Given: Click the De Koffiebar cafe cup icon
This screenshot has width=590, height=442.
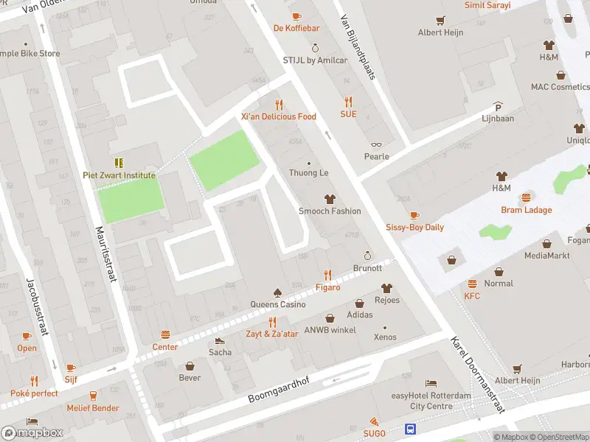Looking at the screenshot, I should point(296,16).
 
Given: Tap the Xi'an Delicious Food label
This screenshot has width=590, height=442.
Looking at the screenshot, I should point(278,116).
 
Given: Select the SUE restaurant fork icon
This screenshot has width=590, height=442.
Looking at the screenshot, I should point(348,102).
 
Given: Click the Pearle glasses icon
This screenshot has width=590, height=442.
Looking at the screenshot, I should point(376,144).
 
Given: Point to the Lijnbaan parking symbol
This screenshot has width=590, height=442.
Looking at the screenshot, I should point(498,106).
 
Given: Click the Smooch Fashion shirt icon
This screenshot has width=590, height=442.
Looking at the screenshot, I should point(330,199).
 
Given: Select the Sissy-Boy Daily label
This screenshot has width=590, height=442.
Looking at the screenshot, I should point(414,227).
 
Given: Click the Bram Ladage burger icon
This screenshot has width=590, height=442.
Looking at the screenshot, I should point(527,197).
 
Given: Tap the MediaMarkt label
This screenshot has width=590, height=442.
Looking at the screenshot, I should point(546,256).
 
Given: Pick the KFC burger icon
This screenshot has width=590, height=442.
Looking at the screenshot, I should point(472,284).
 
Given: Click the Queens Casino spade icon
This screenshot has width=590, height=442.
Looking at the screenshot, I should point(277,292).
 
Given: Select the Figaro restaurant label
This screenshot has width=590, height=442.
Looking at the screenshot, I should point(328,287).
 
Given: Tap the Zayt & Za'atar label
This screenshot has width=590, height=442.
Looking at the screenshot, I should point(272,334).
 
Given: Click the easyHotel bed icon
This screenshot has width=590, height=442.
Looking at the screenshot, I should point(431,384).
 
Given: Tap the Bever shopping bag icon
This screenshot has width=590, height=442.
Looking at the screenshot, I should point(190,366).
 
